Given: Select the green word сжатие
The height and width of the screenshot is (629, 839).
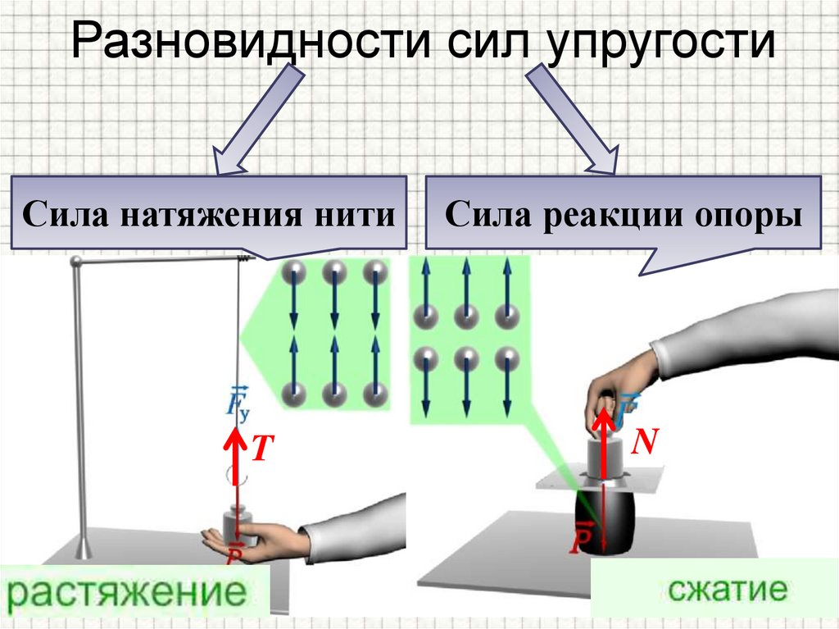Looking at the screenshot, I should click(715, 588).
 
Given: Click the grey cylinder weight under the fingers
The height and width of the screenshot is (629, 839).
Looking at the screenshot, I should click(604, 456).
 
